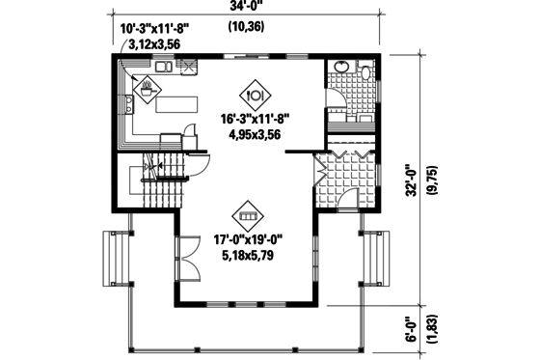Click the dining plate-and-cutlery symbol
(256, 95)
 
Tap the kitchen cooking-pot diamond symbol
(148, 91)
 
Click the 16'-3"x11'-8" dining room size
(255, 120)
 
